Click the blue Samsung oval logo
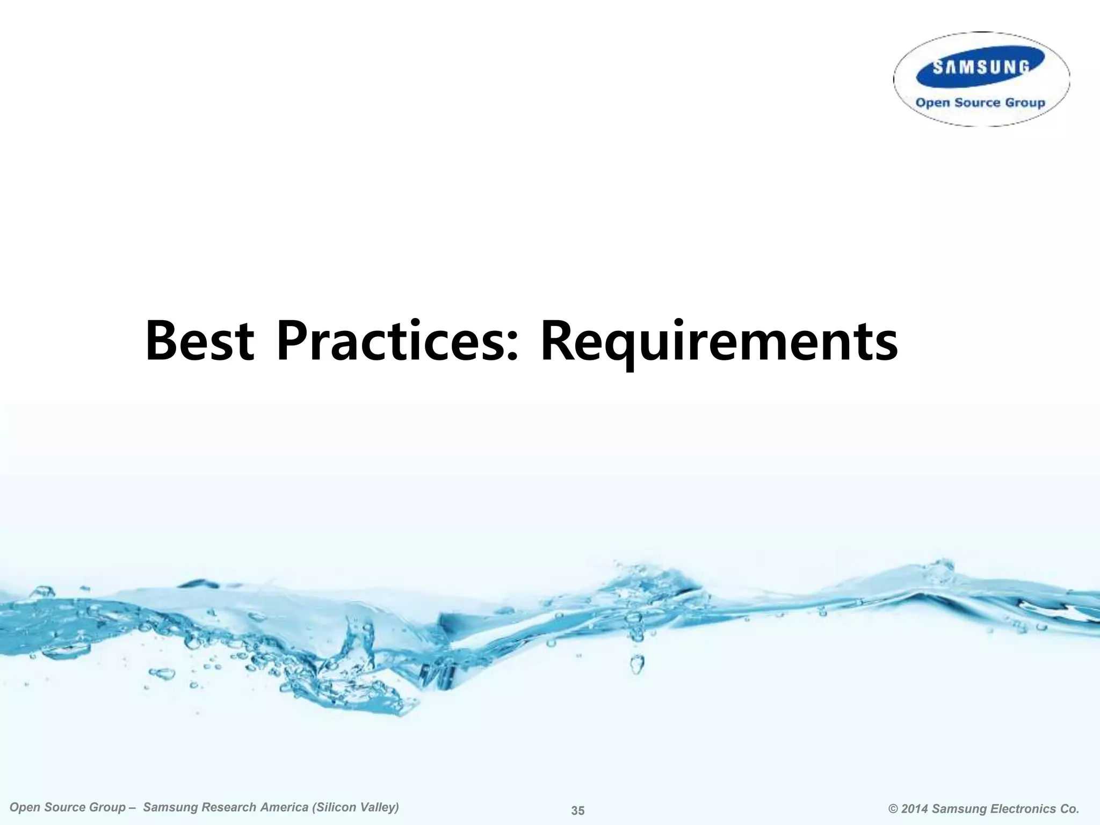point(980,67)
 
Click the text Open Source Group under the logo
point(980,103)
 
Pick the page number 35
point(578,810)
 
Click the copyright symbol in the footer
point(893,809)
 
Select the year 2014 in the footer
point(915,809)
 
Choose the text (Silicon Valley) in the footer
point(360,807)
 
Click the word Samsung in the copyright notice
point(959,809)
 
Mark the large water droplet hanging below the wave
point(637,664)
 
